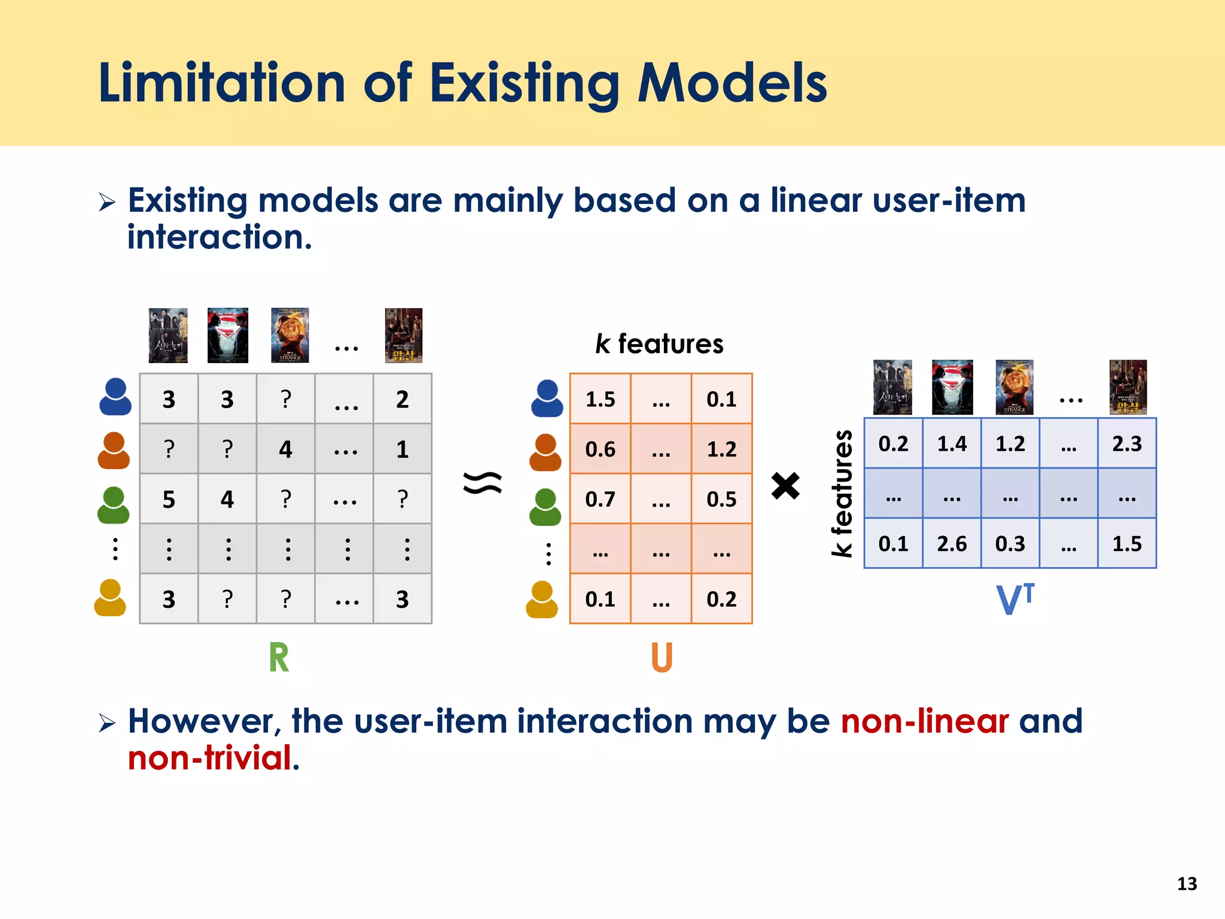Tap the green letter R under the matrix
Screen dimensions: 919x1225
click(279, 658)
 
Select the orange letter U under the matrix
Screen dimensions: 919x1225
click(662, 658)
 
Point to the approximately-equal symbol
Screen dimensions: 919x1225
click(483, 483)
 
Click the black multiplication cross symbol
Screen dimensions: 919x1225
click(785, 485)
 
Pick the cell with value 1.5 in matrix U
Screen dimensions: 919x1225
click(600, 399)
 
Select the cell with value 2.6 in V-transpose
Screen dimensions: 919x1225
click(952, 543)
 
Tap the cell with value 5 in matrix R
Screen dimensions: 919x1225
click(169, 499)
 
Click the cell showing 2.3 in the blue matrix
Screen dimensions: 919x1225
click(1127, 443)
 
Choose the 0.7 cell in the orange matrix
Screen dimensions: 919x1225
click(600, 499)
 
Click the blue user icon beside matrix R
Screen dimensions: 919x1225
click(115, 397)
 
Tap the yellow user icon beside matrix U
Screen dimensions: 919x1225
click(542, 600)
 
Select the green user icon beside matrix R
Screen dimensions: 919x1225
click(113, 505)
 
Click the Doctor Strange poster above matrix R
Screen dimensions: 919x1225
click(290, 335)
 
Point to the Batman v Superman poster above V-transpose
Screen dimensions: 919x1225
click(952, 387)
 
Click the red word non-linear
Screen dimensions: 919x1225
click(925, 721)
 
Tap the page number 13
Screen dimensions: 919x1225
click(1187, 884)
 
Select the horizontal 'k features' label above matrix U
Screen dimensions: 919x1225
click(659, 344)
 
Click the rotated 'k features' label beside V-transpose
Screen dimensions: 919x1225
click(842, 493)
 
